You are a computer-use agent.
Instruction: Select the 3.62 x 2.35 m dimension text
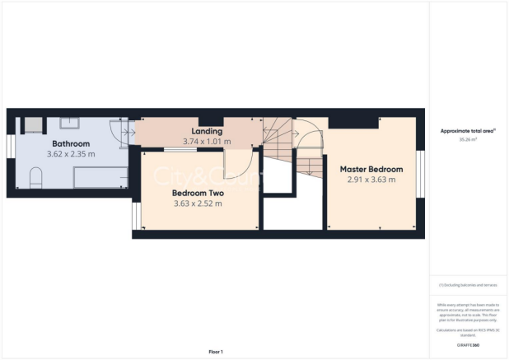click(70, 154)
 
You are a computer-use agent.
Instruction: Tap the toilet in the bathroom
click(35, 178)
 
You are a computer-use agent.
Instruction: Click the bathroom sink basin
click(69, 124)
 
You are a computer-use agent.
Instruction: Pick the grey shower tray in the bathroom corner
click(31, 125)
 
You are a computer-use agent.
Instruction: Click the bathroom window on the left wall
click(12, 145)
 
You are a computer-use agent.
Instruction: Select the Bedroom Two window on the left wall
click(135, 213)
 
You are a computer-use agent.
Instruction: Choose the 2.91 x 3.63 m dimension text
click(370, 180)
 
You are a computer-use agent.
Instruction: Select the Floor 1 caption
click(215, 352)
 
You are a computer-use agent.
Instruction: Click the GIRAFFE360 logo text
click(469, 344)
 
